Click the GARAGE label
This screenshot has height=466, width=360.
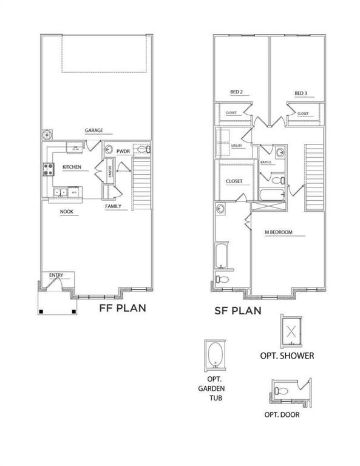(x=93, y=130)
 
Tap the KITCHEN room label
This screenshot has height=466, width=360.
(x=72, y=167)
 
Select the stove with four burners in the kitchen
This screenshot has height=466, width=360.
(x=47, y=170)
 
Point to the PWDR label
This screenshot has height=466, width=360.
(x=123, y=151)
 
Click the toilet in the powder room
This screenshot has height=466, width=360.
(x=144, y=149)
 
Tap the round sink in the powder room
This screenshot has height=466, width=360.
(x=107, y=148)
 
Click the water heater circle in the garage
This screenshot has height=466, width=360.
(x=47, y=135)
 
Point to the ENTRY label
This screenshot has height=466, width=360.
(x=56, y=275)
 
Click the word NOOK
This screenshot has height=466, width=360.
(x=67, y=212)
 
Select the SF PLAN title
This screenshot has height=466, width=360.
(x=237, y=311)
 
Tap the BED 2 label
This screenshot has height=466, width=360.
(x=236, y=92)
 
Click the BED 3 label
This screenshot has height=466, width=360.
(x=301, y=93)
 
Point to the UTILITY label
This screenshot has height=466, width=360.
(x=237, y=146)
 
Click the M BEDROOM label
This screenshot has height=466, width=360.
(x=279, y=232)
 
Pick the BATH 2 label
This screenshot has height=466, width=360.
(x=266, y=162)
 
